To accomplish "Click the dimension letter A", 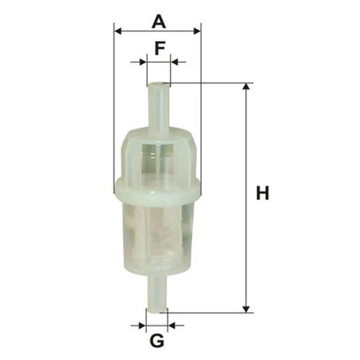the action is pos(158,22).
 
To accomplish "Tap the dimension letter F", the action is pos(160,48).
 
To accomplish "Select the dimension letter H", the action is pos(262,193).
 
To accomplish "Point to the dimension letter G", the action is pos(157,341).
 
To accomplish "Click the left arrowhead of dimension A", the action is pos(118,31).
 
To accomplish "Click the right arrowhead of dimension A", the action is pos(197,31).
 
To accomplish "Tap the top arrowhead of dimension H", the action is pos(246,86).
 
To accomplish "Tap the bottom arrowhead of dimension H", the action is pos(246,309).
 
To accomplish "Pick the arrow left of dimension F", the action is pos(139,62).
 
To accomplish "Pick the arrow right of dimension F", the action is pos(179,62).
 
